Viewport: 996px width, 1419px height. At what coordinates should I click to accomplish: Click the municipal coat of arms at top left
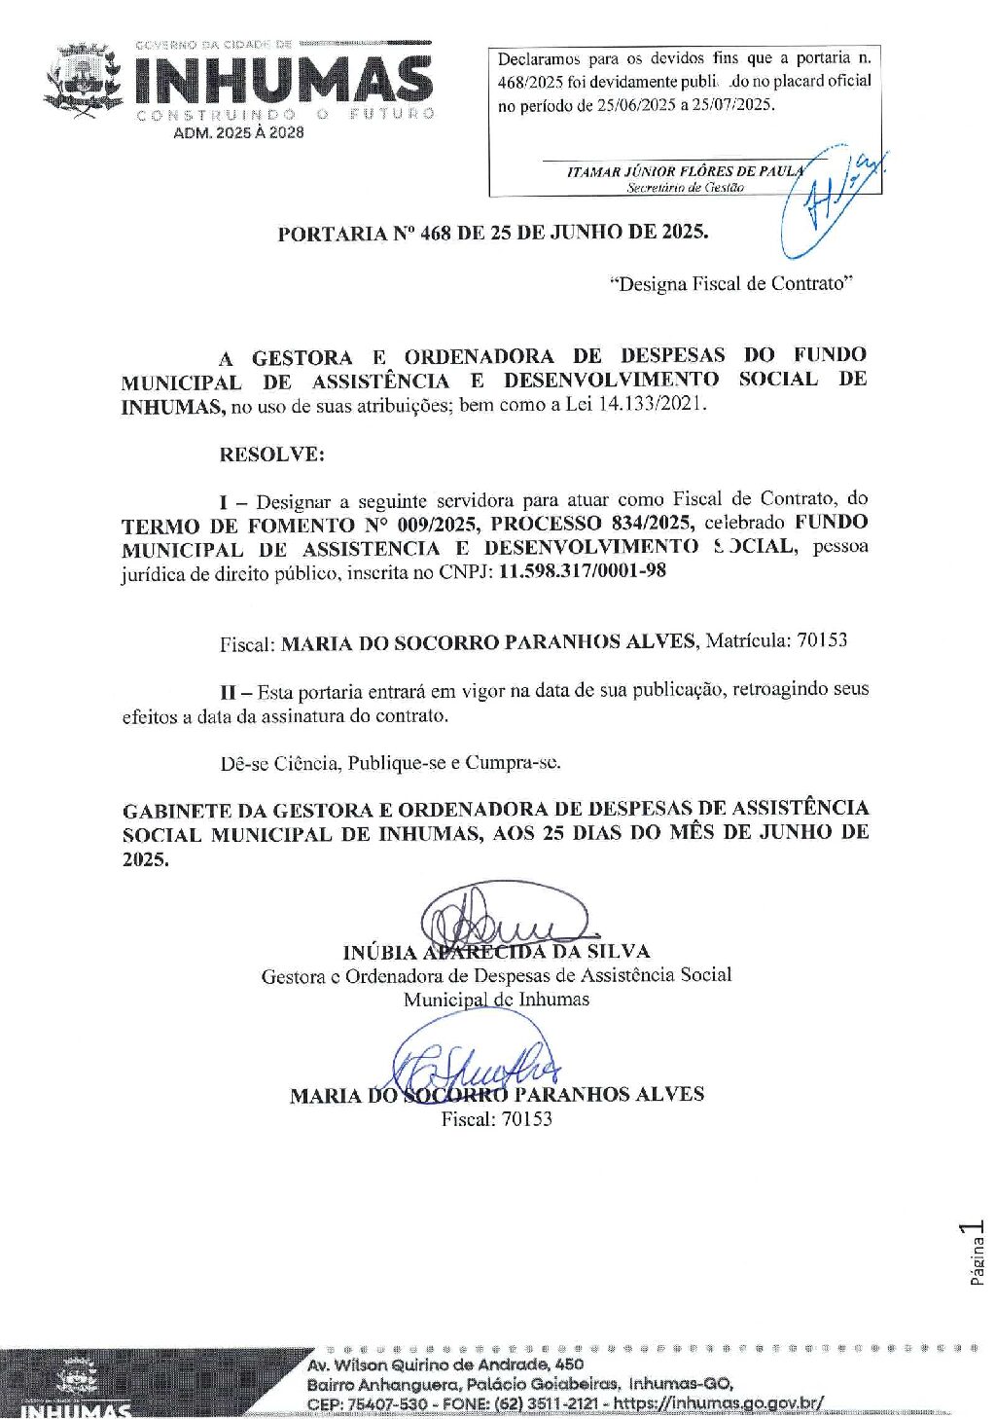pyautogui.click(x=84, y=81)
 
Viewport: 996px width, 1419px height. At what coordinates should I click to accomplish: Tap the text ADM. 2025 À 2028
pyautogui.click(x=238, y=132)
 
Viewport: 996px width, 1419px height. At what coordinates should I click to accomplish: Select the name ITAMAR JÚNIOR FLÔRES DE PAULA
pyautogui.click(x=685, y=171)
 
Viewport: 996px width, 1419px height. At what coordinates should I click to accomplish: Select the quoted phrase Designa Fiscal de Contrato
pyautogui.click(x=730, y=284)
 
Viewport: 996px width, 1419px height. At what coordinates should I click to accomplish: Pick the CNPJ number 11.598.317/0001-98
pyautogui.click(x=583, y=571)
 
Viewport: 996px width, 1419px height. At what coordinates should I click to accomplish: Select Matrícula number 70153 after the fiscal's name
pyautogui.click(x=822, y=640)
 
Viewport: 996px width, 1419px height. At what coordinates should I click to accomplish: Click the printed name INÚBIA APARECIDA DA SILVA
pyautogui.click(x=496, y=952)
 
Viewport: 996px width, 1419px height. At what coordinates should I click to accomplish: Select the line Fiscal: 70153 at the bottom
pyautogui.click(x=496, y=1119)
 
